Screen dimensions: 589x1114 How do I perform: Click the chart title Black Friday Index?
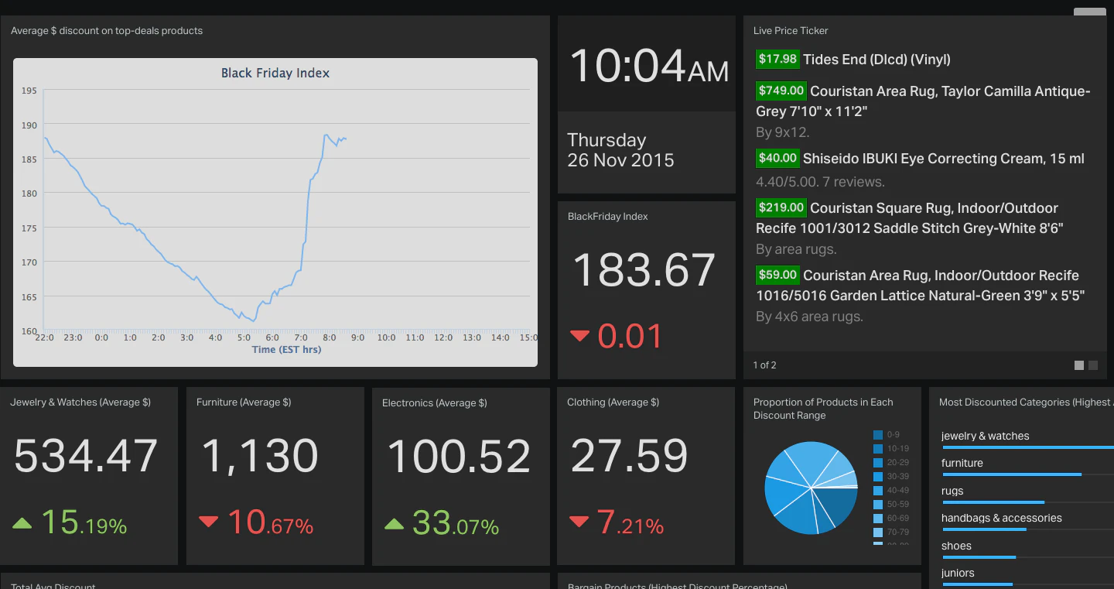pyautogui.click(x=275, y=74)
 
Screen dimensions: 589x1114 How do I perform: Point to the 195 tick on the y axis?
pyautogui.click(x=29, y=91)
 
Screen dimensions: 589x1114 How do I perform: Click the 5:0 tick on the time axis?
pyautogui.click(x=244, y=337)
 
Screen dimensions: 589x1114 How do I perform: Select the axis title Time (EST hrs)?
pyautogui.click(x=286, y=350)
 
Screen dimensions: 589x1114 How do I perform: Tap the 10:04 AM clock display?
pyautogui.click(x=648, y=67)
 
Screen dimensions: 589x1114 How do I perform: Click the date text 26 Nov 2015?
pyautogui.click(x=620, y=160)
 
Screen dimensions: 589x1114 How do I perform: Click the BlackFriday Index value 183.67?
pyautogui.click(x=644, y=270)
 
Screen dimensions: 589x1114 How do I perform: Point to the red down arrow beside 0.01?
pyautogui.click(x=579, y=336)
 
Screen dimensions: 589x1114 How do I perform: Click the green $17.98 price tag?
pyautogui.click(x=777, y=59)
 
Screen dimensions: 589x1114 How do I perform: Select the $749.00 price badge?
pyautogui.click(x=781, y=91)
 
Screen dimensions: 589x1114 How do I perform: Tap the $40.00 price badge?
pyautogui.click(x=777, y=158)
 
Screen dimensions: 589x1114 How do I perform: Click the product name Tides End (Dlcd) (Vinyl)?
pyautogui.click(x=877, y=60)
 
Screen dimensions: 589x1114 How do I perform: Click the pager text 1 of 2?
pyautogui.click(x=764, y=365)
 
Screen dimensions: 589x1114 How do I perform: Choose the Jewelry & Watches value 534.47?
pyautogui.click(x=86, y=457)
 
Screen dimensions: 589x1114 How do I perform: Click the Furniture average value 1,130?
pyautogui.click(x=259, y=457)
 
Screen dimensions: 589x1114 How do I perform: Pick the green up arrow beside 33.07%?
pyautogui.click(x=394, y=525)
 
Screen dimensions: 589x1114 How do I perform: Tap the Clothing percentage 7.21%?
pyautogui.click(x=630, y=524)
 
